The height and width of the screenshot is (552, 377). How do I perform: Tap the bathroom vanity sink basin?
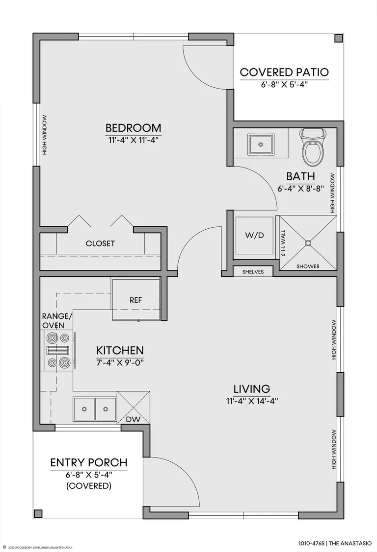pos(261,144)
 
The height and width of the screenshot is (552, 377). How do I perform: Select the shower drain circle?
pos(308,242)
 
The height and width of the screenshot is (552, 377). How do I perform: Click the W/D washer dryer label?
pos(255,236)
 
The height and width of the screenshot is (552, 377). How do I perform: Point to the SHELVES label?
pos(253,272)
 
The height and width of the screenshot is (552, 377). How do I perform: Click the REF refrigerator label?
pos(136,300)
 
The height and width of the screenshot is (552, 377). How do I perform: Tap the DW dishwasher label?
pos(134,419)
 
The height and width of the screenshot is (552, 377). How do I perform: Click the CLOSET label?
pos(100,243)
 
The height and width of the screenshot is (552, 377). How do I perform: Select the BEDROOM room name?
pos(134,127)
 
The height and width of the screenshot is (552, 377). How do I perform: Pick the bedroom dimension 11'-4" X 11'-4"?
pos(134,140)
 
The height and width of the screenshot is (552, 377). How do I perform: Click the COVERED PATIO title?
pos(284,72)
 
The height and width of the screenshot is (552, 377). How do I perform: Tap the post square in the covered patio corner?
pos(339,38)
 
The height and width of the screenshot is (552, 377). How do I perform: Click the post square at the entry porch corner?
pos(38,513)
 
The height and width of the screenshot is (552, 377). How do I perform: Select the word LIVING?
pos(252,389)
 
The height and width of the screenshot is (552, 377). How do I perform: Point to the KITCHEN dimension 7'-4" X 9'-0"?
pos(120,362)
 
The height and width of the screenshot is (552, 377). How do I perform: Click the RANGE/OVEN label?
pos(56,320)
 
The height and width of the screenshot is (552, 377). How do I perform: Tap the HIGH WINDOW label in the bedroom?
pos(45,135)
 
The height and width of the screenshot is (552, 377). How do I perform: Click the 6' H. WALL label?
pos(284,243)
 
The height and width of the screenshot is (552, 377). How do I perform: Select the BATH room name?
pos(300,176)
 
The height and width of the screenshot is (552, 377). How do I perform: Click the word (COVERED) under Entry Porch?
pos(89,486)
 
